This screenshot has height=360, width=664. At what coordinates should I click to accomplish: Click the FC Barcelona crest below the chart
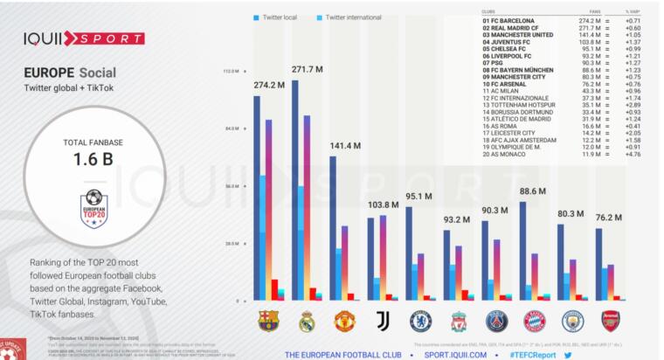pos(267,322)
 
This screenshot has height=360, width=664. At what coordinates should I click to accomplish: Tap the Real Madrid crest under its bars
pos(306,322)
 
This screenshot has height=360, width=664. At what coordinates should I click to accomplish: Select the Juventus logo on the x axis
pos(382,322)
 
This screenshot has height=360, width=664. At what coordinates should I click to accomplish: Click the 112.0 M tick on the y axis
pos(232,71)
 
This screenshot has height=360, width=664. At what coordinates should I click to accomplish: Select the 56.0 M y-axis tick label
pos(232,186)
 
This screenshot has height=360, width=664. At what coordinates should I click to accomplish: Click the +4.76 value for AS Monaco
pos(633,154)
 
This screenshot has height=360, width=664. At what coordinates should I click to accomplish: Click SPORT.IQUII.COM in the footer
pos(454,355)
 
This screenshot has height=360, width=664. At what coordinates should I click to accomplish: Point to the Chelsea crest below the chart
pos(420,322)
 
